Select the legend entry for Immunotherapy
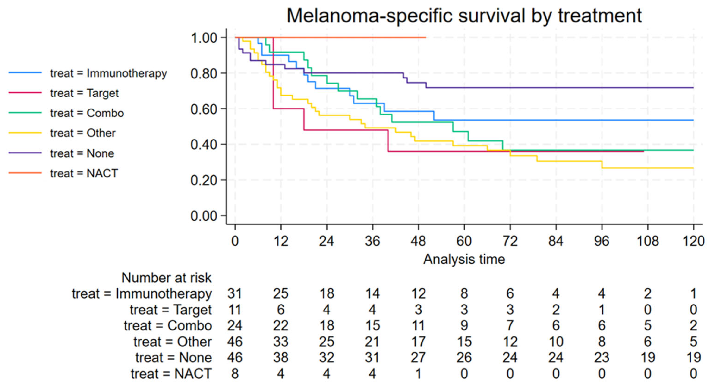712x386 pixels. (x=88, y=73)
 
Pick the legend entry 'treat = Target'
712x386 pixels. (x=63, y=93)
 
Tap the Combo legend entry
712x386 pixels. (x=66, y=113)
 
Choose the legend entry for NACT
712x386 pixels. (x=63, y=173)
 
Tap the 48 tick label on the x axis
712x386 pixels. (x=419, y=241)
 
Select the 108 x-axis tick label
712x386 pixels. (x=648, y=241)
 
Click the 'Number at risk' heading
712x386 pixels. (x=166, y=278)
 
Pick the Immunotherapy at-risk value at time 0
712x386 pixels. (x=235, y=293)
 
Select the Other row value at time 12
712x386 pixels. (x=281, y=342)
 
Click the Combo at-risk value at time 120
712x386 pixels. (x=693, y=326)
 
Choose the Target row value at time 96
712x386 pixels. (x=602, y=310)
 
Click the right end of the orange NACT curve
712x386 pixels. (x=426, y=37)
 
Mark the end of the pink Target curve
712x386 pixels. (x=644, y=151)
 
